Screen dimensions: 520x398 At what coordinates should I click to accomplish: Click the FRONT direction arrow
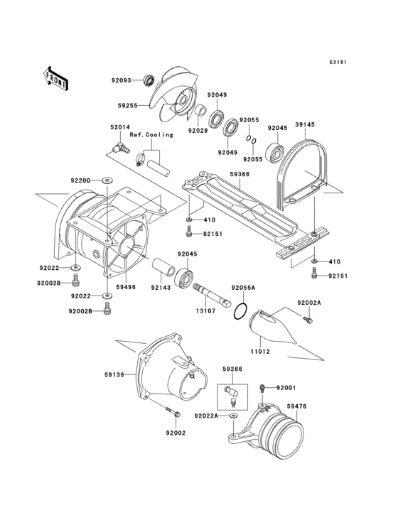click(x=55, y=76)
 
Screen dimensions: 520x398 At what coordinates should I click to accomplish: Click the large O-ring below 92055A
click(x=240, y=312)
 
